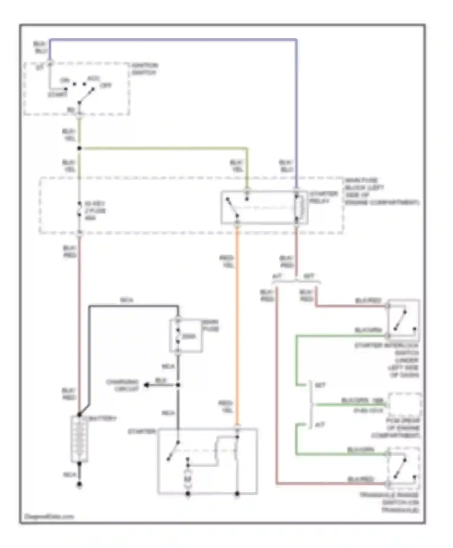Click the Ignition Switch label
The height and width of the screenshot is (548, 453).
[145, 69]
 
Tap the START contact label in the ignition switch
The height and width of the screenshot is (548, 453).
[57, 95]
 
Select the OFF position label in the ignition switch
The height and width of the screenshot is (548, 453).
[105, 85]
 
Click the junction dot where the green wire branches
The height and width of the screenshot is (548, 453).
[79, 148]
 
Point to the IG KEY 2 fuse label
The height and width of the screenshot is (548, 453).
[95, 211]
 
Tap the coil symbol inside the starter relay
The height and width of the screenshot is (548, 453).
[297, 208]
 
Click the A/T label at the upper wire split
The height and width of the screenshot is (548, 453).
[277, 276]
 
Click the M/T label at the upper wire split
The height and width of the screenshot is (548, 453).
[308, 276]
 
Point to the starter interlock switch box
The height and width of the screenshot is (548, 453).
[403, 318]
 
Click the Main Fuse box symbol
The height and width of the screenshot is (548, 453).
[185, 335]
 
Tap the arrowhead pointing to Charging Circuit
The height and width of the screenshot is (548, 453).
[146, 385]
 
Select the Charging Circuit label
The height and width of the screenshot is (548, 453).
[122, 385]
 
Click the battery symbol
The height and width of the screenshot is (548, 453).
[79, 439]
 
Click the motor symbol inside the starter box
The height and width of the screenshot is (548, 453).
[188, 479]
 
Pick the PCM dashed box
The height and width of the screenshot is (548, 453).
[405, 405]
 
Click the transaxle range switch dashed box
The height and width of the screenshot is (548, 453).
[403, 468]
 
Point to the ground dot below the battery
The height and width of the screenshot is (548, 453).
[79, 485]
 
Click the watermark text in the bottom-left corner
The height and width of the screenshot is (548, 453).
[49, 516]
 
